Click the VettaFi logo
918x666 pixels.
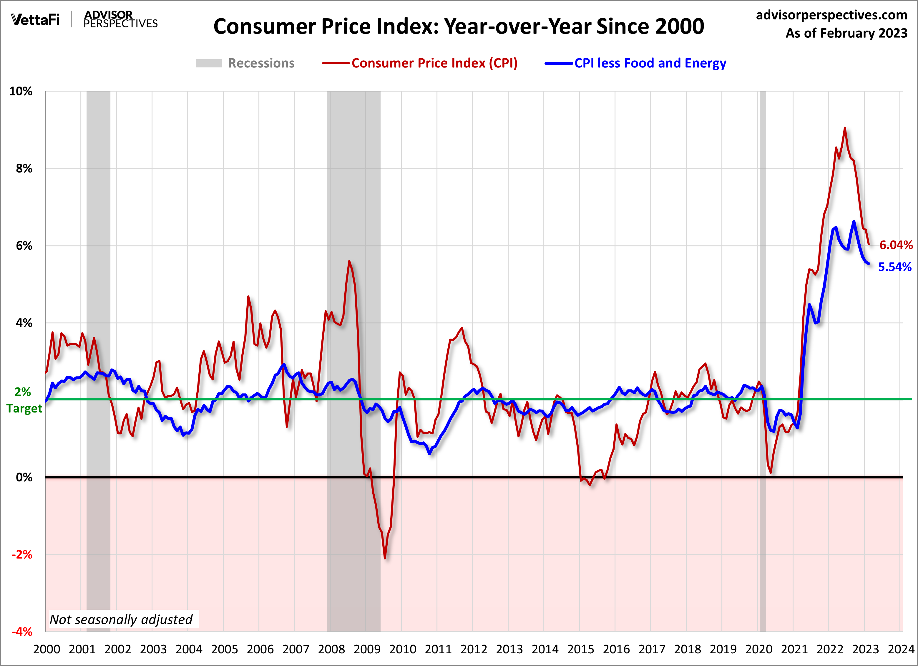point(35,19)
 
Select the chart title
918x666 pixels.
point(459,27)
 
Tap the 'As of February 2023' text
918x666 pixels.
point(846,33)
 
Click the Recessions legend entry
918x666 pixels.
point(245,63)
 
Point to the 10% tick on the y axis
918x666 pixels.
point(21,92)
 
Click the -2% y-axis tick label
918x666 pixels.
point(22,554)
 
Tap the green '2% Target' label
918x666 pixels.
point(24,400)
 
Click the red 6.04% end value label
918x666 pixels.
point(896,245)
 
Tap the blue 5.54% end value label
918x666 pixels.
point(894,267)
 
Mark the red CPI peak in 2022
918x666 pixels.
point(845,128)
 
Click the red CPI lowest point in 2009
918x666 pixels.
point(384,558)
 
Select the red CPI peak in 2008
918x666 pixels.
point(349,261)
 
